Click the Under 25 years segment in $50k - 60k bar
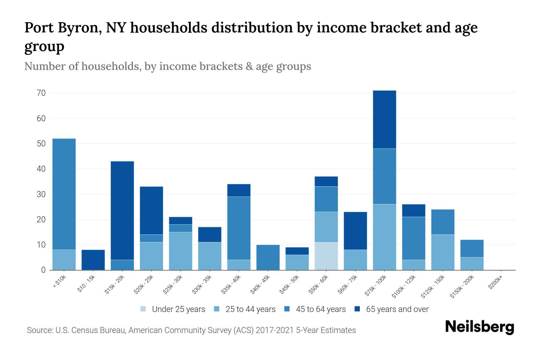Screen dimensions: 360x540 click(x=326, y=256)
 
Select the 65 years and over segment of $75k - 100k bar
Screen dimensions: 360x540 click(x=384, y=119)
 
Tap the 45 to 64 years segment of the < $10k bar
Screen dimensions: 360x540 click(x=64, y=194)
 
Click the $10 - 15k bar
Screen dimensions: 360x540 click(x=93, y=260)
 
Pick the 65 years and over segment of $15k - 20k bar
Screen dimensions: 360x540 click(x=122, y=211)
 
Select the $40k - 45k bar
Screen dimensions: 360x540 click(x=268, y=257)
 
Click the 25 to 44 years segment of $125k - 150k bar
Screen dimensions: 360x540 click(x=442, y=252)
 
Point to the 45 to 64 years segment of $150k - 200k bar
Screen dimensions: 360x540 click(x=472, y=248)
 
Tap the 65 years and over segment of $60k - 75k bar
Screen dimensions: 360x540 click(x=355, y=231)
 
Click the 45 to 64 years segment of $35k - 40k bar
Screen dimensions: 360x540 click(x=239, y=228)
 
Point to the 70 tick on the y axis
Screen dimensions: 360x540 click(x=41, y=93)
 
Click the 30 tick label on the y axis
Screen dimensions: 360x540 click(x=41, y=194)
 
